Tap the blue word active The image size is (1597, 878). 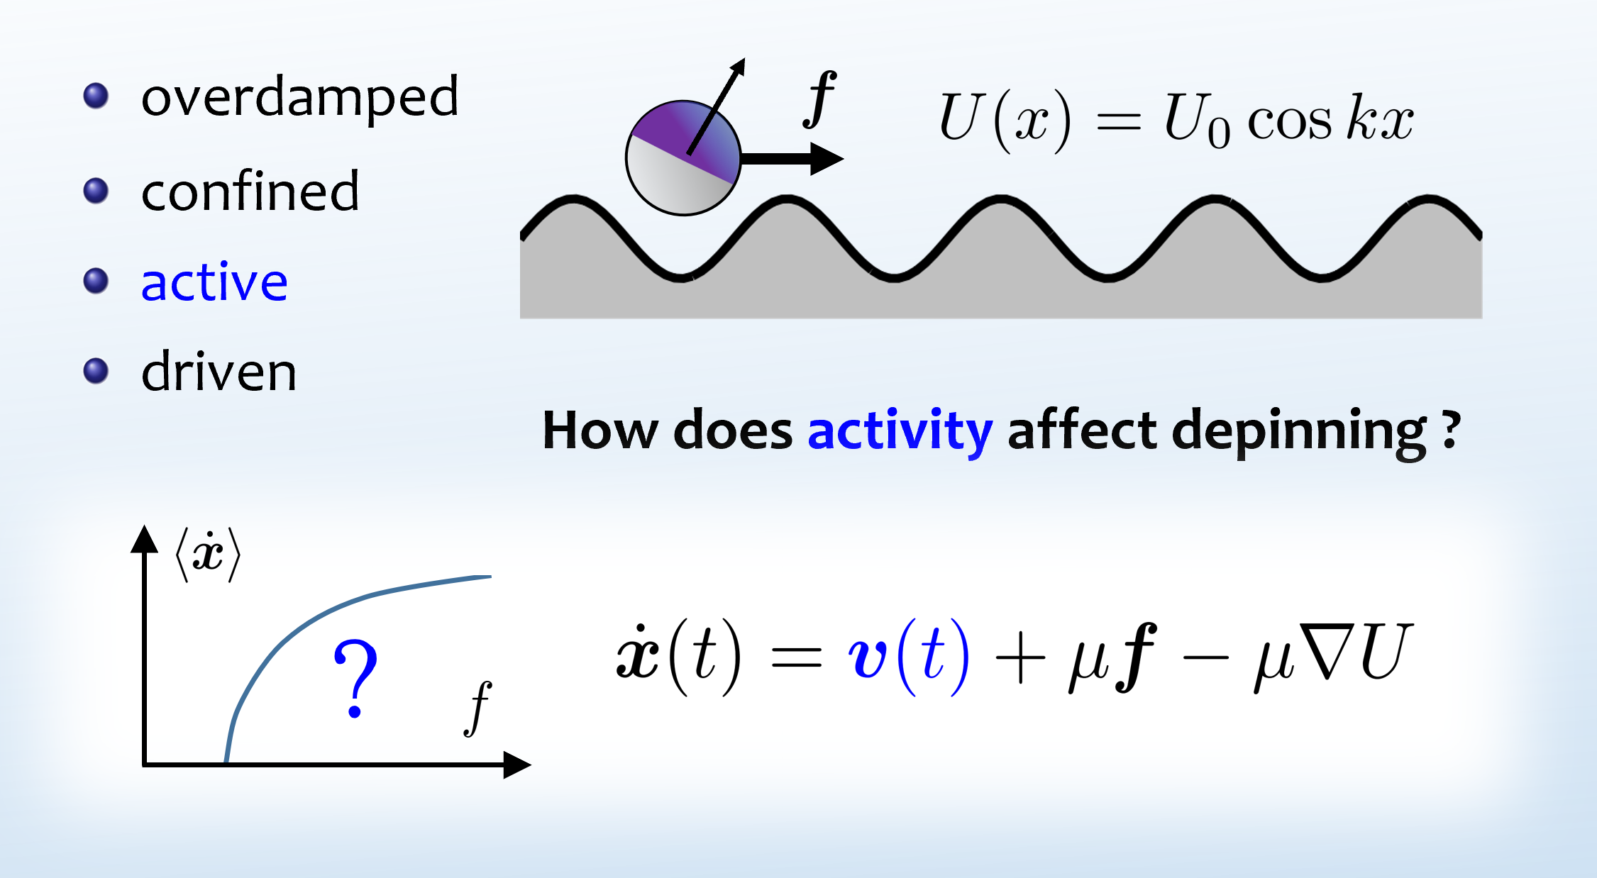tap(214, 281)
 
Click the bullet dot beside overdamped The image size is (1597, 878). tap(96, 96)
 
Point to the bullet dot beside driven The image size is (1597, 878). tap(96, 371)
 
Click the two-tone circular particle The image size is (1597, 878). tap(683, 157)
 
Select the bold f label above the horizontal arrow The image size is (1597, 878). tap(819, 99)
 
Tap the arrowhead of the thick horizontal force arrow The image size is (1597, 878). tap(827, 158)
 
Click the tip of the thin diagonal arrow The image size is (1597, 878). tap(744, 59)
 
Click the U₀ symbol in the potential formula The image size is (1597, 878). tap(1197, 121)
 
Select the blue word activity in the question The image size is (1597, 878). tap(900, 430)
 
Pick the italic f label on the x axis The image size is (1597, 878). tap(479, 708)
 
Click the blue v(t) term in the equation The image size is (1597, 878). tap(908, 657)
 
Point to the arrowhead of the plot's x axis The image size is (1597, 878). tap(518, 765)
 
